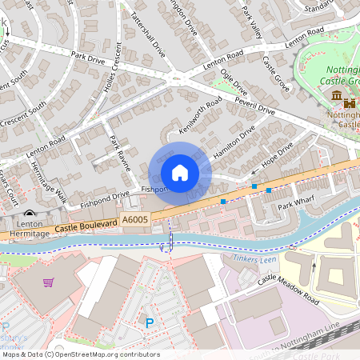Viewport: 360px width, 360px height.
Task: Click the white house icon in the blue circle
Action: [180, 173]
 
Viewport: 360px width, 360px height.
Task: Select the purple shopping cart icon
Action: [49, 282]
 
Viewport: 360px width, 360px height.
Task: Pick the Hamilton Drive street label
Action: [234, 142]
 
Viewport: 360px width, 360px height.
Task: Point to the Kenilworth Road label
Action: [200, 116]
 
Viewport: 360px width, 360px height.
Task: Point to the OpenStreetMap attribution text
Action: [80, 354]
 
